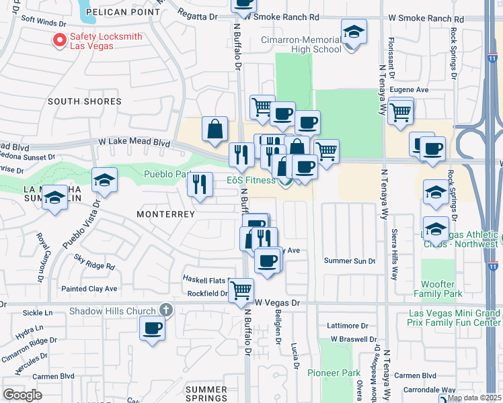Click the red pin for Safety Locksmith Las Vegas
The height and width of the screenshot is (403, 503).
(x=59, y=41)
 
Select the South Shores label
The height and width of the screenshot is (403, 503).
(x=85, y=101)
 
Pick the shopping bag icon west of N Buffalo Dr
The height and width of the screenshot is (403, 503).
(x=215, y=130)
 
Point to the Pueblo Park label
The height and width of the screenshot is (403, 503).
(x=166, y=174)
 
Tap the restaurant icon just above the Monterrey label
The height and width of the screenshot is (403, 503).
(x=199, y=184)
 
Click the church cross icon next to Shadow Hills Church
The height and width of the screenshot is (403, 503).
(x=166, y=310)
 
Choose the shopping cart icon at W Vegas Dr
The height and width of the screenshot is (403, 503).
(x=241, y=290)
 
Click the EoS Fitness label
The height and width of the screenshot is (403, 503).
(x=250, y=180)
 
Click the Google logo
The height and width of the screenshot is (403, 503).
(x=22, y=394)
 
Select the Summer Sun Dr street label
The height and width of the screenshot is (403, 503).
(x=349, y=261)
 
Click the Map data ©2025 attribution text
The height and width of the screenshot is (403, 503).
(x=475, y=398)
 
